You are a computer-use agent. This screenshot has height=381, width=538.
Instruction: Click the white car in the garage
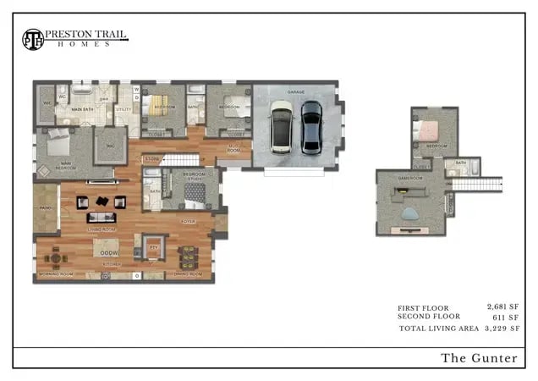282,127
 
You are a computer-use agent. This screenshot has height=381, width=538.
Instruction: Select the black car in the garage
311,127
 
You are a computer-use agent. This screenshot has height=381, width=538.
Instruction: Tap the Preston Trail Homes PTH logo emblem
33,39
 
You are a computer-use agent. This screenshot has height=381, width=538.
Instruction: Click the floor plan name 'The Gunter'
479,358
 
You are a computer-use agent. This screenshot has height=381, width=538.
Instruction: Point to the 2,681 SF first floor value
502,306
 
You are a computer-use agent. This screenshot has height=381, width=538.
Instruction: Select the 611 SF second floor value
505,317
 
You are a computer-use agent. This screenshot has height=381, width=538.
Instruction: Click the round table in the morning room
57,256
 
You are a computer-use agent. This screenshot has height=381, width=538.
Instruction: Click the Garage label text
295,91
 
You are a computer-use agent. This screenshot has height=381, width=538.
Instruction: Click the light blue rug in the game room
411,213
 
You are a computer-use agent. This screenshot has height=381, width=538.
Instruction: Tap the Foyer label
188,221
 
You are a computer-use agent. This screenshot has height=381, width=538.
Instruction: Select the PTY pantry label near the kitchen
153,246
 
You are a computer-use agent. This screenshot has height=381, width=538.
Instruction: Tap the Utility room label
124,109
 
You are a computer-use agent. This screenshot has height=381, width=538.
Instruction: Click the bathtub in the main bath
81,89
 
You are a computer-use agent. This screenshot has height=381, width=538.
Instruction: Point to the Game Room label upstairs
410,179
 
